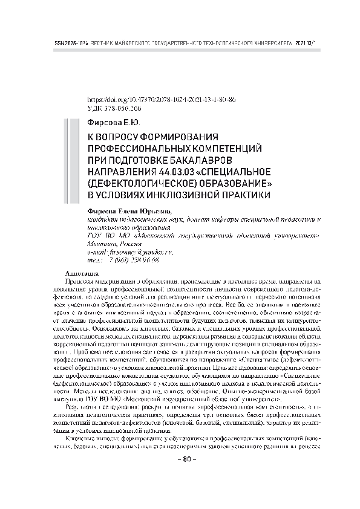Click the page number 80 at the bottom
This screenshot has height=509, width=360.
point(180,477)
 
